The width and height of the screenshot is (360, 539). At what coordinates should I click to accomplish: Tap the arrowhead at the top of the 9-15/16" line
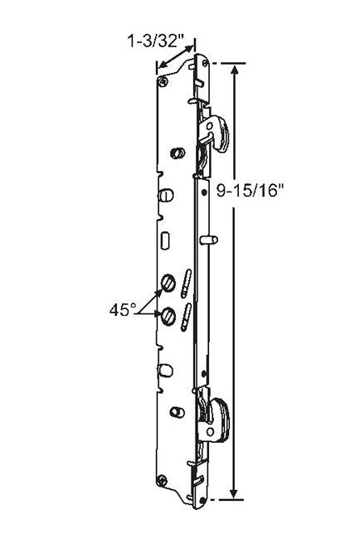(x=237, y=70)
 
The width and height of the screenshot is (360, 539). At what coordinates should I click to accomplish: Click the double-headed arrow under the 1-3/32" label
(x=176, y=61)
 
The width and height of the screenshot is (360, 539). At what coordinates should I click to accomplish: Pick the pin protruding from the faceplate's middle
(x=212, y=240)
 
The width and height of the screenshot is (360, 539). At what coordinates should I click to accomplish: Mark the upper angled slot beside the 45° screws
(x=188, y=280)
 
